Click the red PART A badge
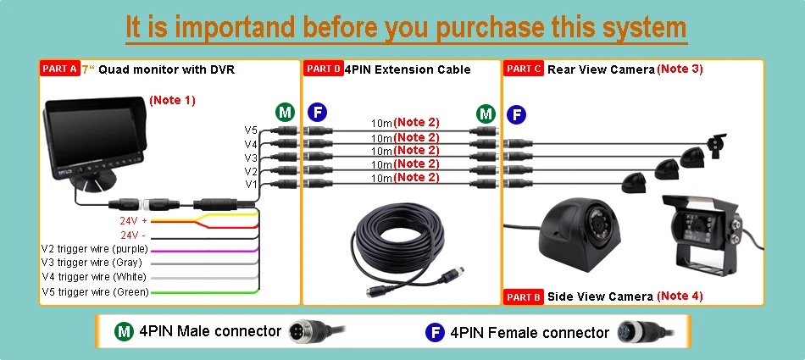click(59, 69)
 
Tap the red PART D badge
click(323, 69)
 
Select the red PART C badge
click(523, 69)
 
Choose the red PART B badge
click(523, 296)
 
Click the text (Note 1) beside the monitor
click(173, 100)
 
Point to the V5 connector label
click(251, 130)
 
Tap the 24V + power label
click(134, 222)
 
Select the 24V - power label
click(133, 235)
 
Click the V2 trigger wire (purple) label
click(95, 250)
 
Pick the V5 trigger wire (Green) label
click(96, 292)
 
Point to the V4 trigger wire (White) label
click(94, 277)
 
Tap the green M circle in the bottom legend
click(124, 332)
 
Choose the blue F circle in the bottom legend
click(435, 332)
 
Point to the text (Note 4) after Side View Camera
click(680, 296)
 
